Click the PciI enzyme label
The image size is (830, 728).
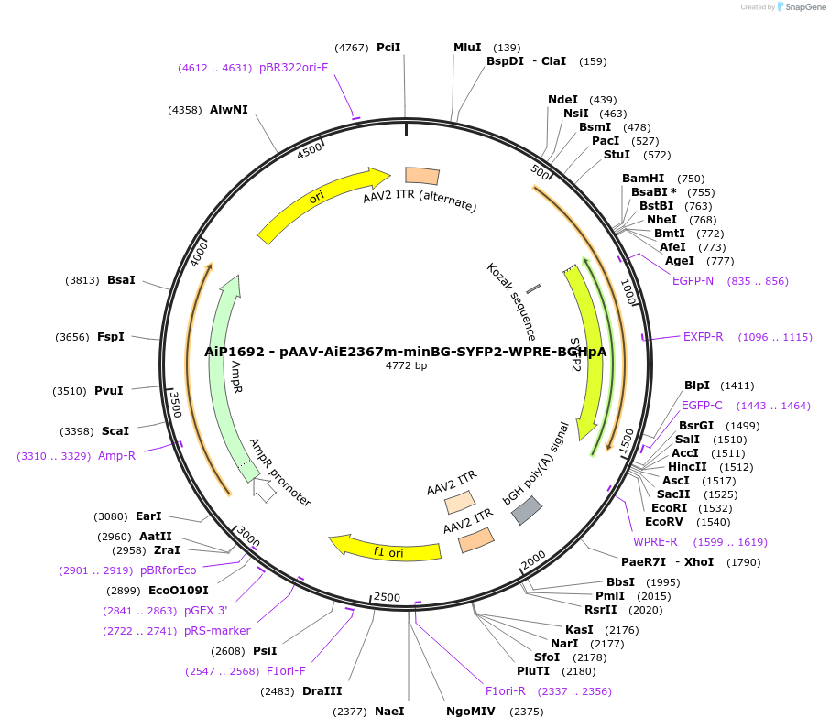[388, 48]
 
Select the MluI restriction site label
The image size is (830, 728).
[467, 48]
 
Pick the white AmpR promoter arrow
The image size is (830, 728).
[265, 492]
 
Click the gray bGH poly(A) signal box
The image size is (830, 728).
[527, 510]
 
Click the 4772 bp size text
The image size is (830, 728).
[406, 365]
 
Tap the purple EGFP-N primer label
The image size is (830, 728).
[693, 281]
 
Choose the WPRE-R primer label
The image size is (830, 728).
[655, 542]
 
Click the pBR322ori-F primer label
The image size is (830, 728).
[293, 68]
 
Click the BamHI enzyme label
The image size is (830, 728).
[643, 179]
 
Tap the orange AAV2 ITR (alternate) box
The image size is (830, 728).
[422, 176]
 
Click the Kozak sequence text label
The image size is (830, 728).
[511, 302]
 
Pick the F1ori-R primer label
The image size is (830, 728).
[506, 691]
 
